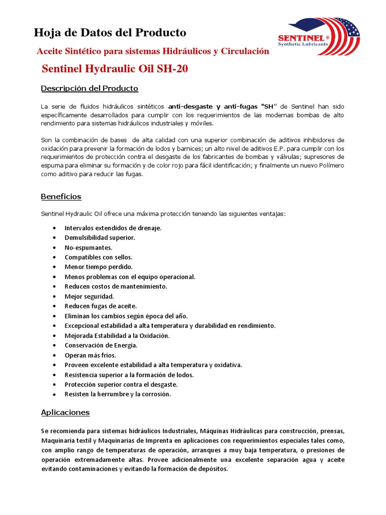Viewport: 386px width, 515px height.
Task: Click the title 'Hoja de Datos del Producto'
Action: pos(110,33)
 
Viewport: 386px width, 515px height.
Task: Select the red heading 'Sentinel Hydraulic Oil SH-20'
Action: pos(115,69)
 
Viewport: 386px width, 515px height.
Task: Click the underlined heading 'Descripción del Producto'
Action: pos(89,89)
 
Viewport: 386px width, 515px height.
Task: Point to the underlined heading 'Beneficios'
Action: pos(61,197)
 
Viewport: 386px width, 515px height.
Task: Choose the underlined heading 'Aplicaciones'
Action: pos(65,412)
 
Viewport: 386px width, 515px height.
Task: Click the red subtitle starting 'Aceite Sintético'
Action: pos(153,51)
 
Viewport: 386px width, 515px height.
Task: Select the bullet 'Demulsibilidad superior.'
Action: pos(100,237)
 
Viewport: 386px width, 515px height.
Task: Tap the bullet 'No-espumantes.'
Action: pos(88,247)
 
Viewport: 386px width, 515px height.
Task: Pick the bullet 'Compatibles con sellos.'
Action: pos(99,257)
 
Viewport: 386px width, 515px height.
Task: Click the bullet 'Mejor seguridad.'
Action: pos(89,296)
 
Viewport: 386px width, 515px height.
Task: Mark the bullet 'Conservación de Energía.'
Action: pos(101,345)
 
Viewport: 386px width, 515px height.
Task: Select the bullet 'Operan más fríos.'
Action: pos(90,355)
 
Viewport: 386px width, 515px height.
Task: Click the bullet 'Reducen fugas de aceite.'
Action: pos(101,306)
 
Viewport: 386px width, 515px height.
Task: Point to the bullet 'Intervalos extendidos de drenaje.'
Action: pos(113,228)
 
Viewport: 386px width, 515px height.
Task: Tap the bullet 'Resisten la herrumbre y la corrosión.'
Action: pos(118,394)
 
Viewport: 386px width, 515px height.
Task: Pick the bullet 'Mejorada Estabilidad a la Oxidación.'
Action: pos(117,335)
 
